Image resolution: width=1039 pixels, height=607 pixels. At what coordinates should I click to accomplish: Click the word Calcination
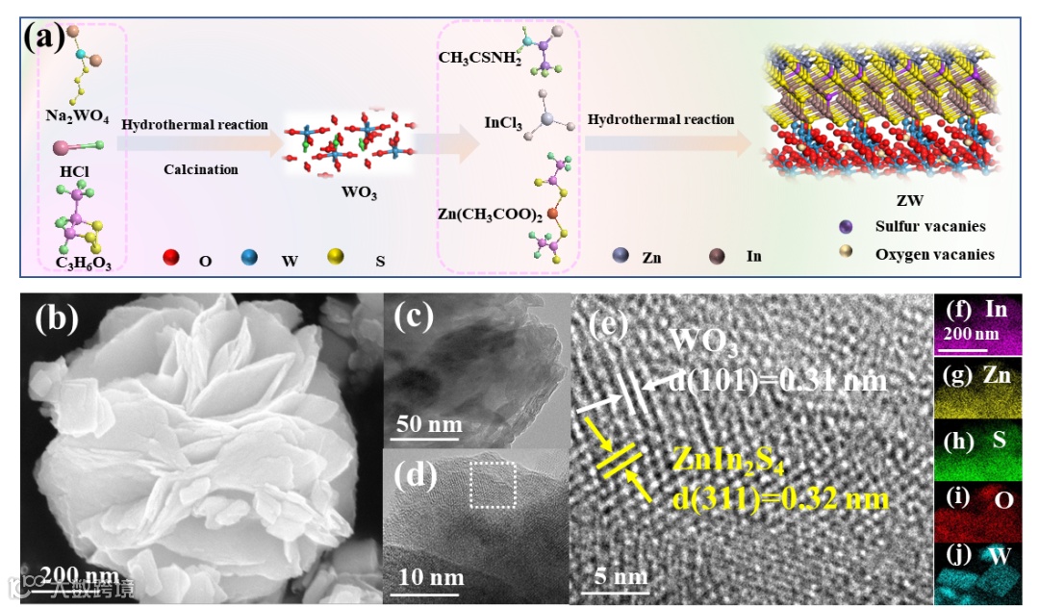coord(200,169)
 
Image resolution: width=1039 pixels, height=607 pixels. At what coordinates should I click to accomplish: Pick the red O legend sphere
coord(172,258)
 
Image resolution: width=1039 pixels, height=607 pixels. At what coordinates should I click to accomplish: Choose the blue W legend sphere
coord(250,258)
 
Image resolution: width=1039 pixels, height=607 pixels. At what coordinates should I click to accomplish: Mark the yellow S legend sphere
coord(335,258)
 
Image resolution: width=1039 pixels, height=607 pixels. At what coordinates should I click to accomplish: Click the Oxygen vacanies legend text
coord(934,255)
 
